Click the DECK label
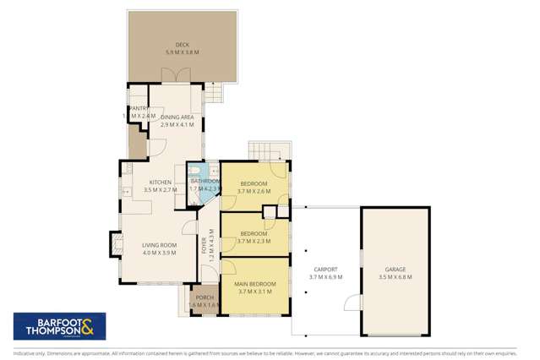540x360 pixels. pyautogui.click(x=182, y=45)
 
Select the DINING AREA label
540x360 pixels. pyautogui.click(x=177, y=116)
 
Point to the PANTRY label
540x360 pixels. pyautogui.click(x=139, y=108)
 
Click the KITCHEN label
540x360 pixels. pyautogui.click(x=161, y=183)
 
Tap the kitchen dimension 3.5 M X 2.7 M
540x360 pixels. pyautogui.click(x=161, y=190)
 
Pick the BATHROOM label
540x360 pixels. pyautogui.click(x=205, y=181)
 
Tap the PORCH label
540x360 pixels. pyautogui.click(x=205, y=297)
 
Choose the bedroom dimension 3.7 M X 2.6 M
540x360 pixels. pyautogui.click(x=254, y=191)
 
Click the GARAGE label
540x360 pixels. pyautogui.click(x=395, y=270)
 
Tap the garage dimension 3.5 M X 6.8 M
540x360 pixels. pyautogui.click(x=395, y=277)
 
